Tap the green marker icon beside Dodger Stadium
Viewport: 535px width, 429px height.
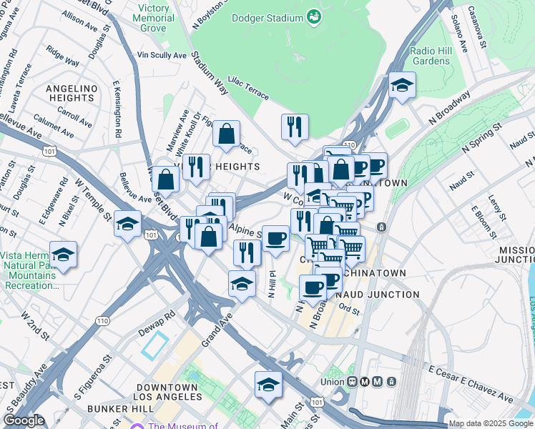pos(313,15)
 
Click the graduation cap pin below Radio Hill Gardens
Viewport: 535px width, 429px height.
pos(403,86)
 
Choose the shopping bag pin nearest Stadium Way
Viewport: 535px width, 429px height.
pos(226,134)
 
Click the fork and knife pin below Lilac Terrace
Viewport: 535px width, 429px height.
pos(295,127)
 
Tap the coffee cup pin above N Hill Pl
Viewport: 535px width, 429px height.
pos(275,238)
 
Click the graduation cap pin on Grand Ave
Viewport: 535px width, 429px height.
pos(242,283)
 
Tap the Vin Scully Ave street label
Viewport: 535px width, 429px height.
pos(162,54)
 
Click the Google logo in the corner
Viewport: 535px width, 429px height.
pos(24,420)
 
